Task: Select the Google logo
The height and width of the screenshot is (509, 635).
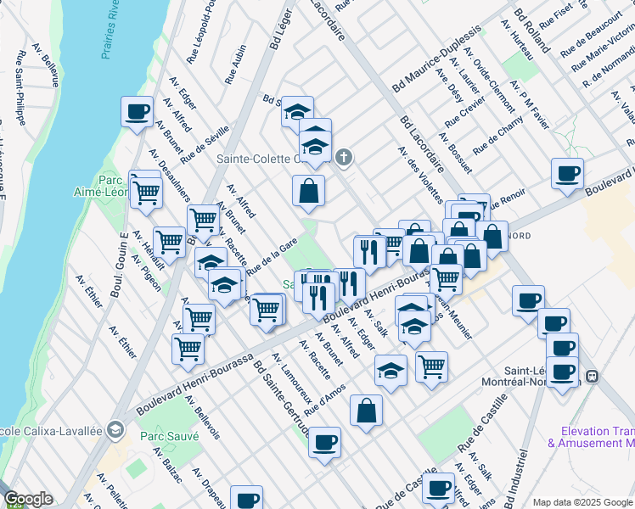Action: point(28,500)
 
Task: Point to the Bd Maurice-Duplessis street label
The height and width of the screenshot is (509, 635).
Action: point(436,59)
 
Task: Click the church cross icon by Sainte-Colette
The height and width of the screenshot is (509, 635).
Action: point(343,157)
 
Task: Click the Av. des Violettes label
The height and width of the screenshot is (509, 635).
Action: point(416,170)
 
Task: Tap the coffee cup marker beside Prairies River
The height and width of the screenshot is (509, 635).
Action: point(137,111)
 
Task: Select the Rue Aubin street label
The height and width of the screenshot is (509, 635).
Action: point(236,64)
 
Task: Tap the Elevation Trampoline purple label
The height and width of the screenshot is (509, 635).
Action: point(592,436)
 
